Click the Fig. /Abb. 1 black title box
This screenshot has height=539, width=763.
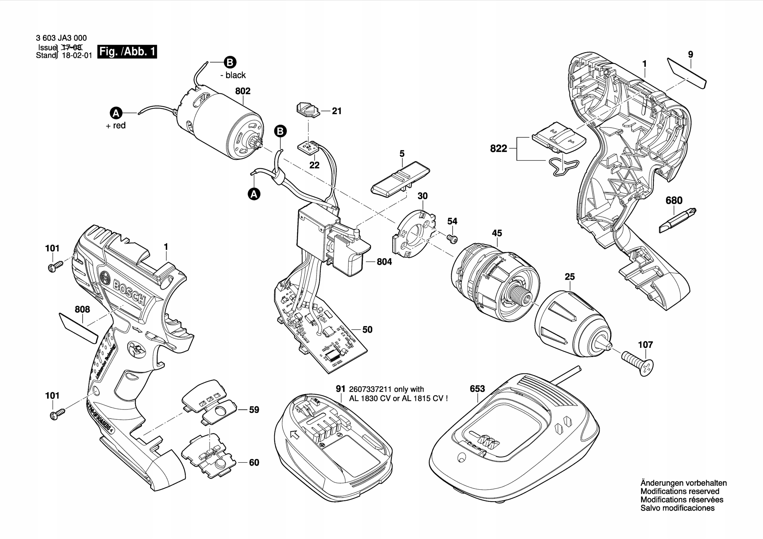point(127,52)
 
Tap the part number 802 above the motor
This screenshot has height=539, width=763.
point(243,91)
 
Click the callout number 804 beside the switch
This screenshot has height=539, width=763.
point(384,262)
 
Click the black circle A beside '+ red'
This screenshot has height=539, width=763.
point(116,113)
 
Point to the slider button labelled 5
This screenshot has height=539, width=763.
point(401,179)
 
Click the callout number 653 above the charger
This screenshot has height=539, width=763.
point(477,389)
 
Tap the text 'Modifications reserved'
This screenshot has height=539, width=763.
point(680,491)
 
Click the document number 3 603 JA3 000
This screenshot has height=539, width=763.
point(61,38)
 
